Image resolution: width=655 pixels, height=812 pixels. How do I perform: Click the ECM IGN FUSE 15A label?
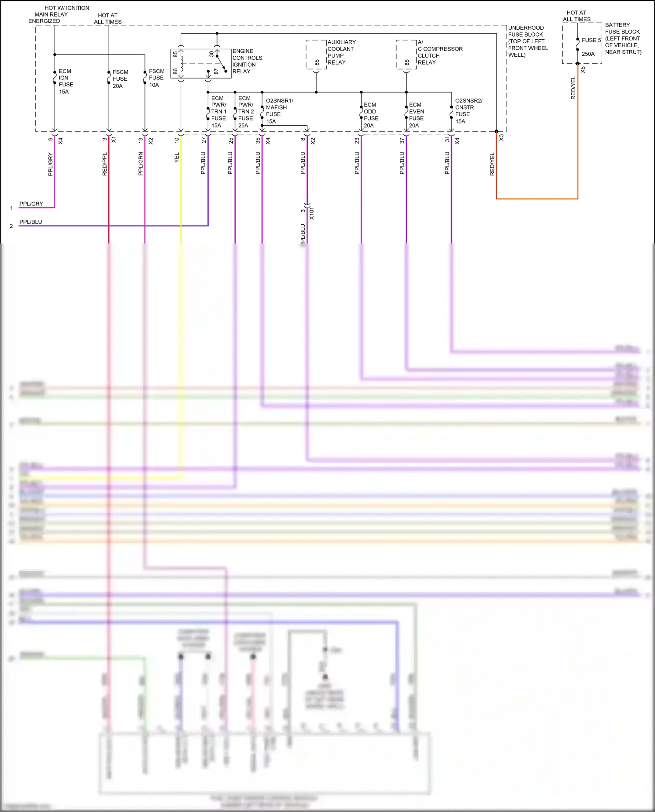pyautogui.click(x=66, y=81)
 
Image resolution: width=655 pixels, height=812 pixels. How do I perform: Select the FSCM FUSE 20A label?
pyautogui.click(x=120, y=79)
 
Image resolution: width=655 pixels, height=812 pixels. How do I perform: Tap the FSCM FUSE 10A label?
pyautogui.click(x=156, y=78)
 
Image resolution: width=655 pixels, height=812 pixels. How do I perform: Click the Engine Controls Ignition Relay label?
pyautogui.click(x=247, y=61)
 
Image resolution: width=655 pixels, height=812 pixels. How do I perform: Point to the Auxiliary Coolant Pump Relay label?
pyautogui.click(x=341, y=52)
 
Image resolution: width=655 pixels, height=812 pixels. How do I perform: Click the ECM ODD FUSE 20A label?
pyautogui.click(x=371, y=115)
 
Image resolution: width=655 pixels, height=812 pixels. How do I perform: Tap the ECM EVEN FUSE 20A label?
pyautogui.click(x=416, y=115)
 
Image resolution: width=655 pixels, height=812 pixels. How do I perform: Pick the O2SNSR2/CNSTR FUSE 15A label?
pyautogui.click(x=468, y=111)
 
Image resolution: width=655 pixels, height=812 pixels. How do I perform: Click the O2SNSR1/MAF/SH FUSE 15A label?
pyautogui.click(x=279, y=111)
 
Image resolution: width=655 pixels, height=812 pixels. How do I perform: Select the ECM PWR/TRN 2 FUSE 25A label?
pyautogui.click(x=246, y=112)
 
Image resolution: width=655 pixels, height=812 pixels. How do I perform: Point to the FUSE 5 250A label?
pyautogui.click(x=591, y=47)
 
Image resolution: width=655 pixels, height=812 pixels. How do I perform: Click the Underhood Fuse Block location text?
pyautogui.click(x=527, y=41)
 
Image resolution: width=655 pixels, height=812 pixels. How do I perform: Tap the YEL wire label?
pyautogui.click(x=177, y=158)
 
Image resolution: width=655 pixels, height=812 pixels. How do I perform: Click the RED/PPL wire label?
pyautogui.click(x=104, y=164)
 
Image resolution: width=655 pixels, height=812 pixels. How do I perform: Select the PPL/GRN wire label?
pyautogui.click(x=141, y=164)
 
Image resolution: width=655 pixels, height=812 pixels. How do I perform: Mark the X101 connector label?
pyautogui.click(x=311, y=213)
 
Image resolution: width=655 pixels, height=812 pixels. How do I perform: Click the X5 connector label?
pyautogui.click(x=583, y=69)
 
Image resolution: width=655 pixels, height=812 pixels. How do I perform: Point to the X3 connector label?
pyautogui.click(x=501, y=137)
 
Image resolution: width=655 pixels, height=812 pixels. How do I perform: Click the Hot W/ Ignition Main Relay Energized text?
pyautogui.click(x=59, y=14)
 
